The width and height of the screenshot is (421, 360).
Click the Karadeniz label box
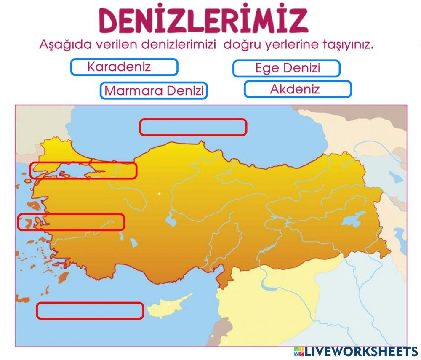(x=124, y=67)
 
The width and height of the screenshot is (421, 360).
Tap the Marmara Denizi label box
(x=154, y=91)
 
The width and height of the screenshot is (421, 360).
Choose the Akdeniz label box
(x=298, y=89)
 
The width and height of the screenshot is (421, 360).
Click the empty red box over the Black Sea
(x=193, y=127)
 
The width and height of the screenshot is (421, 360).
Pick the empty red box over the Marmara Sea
(x=83, y=171)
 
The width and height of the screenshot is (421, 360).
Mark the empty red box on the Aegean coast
(x=71, y=222)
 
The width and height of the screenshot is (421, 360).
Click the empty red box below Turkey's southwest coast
(x=90, y=311)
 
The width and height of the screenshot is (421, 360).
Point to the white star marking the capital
(x=159, y=194)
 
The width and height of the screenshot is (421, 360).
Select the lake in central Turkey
(x=172, y=219)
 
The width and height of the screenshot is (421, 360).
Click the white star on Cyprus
(x=169, y=304)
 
